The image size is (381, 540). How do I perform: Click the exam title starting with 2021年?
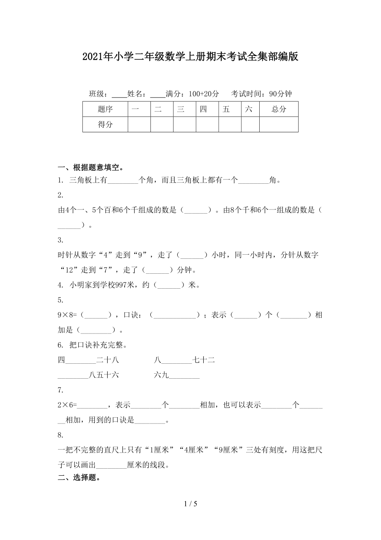pos(190,57)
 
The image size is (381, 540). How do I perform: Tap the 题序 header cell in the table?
pos(105,109)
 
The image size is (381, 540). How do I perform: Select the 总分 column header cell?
pos(279,109)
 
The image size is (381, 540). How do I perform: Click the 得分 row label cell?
pos(105,124)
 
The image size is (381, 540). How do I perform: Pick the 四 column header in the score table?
pos(203,109)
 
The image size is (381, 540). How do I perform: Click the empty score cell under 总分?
pos(279,124)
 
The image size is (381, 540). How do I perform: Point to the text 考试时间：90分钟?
pos(261,94)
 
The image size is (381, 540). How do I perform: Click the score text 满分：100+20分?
pos(192,94)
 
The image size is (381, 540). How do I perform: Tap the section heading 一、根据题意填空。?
pos(90,168)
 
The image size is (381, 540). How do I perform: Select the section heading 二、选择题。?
pos(79,477)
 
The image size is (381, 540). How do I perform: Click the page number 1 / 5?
pos(190,504)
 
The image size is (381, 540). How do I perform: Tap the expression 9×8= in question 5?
pos(66,315)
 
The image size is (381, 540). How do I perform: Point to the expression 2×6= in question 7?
pos(66,405)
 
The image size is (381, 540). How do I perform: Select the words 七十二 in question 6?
pos(204,360)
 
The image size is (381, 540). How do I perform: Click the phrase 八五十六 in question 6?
pos(104,375)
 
